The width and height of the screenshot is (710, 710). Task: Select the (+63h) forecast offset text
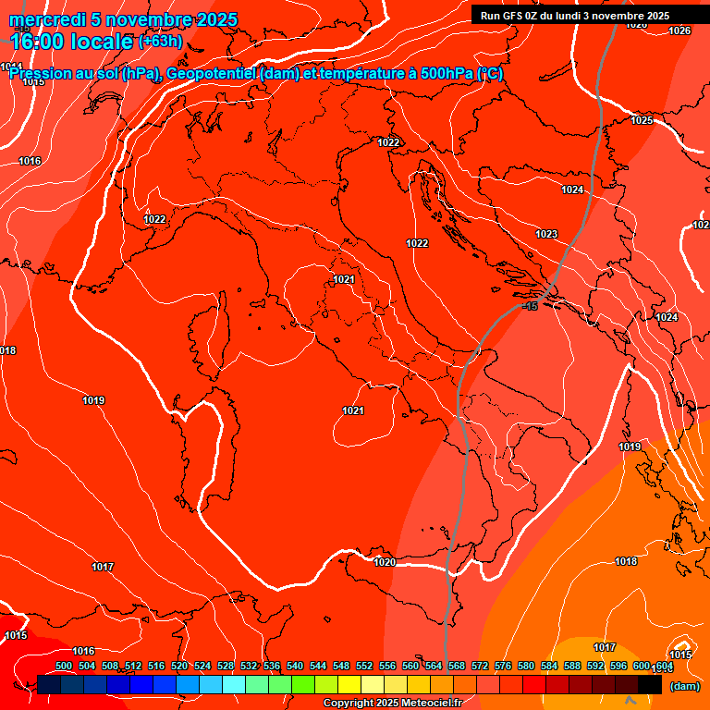click(160, 42)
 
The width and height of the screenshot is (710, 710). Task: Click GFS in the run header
click(514, 16)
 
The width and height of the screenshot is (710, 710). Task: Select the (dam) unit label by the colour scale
click(684, 686)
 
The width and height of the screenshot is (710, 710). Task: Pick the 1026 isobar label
click(679, 31)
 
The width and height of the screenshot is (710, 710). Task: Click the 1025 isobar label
click(642, 120)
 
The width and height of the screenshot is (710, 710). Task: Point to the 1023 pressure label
click(546, 234)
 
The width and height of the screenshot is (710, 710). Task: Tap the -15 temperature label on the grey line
click(531, 306)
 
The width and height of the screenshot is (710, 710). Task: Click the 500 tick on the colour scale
click(64, 666)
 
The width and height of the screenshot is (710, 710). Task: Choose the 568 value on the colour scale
click(457, 666)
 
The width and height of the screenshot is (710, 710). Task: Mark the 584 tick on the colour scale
click(549, 666)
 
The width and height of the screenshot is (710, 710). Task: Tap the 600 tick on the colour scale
click(642, 666)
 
